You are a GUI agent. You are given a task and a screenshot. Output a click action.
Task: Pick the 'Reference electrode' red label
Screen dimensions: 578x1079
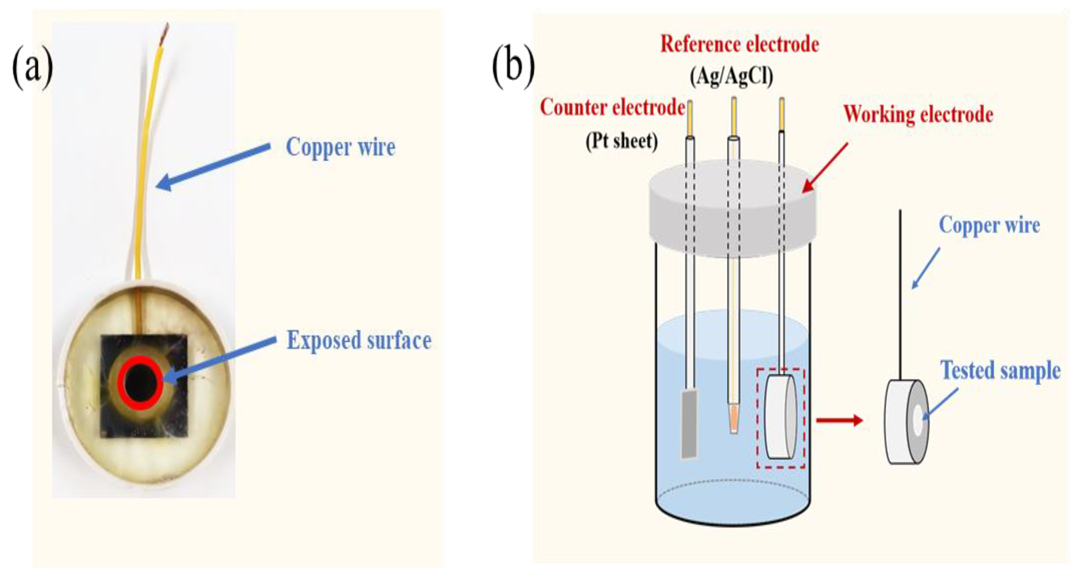(x=740, y=44)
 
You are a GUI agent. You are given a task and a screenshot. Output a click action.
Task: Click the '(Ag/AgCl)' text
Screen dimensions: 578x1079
(x=731, y=76)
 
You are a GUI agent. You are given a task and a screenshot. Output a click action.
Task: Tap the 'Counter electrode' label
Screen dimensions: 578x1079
(x=612, y=108)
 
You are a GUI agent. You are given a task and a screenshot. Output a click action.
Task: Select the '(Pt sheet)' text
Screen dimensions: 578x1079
(x=622, y=141)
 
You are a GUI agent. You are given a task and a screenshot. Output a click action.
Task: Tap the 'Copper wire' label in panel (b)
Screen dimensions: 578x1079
(x=989, y=225)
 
